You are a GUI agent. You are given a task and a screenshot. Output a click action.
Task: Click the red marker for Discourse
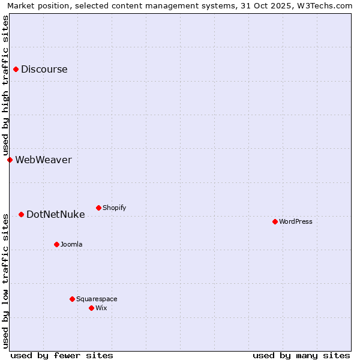[x=16, y=69]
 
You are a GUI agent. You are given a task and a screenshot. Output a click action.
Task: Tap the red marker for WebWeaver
[x=10, y=160]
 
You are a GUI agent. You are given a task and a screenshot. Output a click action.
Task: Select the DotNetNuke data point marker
[x=21, y=214]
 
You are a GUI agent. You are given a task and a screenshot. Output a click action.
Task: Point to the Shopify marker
[x=98, y=208]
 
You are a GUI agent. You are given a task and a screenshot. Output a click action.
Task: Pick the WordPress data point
[x=275, y=221]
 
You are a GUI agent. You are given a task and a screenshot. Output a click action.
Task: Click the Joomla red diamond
[x=56, y=244]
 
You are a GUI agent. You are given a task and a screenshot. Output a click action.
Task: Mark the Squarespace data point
[x=72, y=299]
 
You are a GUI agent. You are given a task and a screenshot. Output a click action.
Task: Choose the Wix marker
[x=91, y=308]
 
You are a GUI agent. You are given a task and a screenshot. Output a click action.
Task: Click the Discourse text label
[x=44, y=69]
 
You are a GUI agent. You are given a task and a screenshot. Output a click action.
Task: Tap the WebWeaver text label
[x=43, y=160]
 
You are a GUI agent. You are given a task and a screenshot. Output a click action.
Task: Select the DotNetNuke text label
[x=56, y=214]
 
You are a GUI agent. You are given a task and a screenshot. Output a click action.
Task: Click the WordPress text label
[x=296, y=221]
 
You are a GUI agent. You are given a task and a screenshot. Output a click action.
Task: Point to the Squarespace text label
[x=97, y=299]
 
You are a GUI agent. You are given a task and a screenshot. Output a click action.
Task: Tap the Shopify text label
[x=114, y=208]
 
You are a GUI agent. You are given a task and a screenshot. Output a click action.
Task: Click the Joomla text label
[x=71, y=244]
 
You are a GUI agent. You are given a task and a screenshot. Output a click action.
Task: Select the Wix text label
[x=101, y=308]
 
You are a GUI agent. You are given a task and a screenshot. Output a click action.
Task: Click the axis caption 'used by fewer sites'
[x=62, y=355]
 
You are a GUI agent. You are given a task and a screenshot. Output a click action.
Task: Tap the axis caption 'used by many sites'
[x=301, y=355]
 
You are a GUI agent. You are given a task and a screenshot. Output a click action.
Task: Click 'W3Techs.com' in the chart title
[x=326, y=5]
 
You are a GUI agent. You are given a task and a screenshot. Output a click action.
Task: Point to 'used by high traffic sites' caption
[x=5, y=85]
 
